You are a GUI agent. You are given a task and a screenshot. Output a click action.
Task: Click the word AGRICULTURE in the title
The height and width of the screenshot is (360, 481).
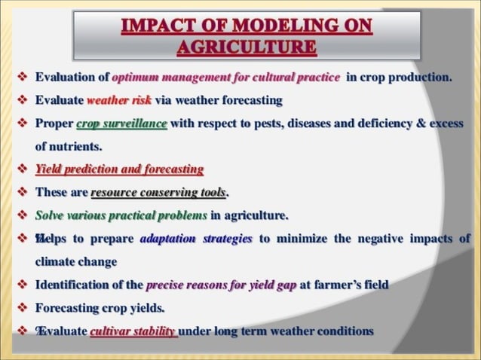click(246, 47)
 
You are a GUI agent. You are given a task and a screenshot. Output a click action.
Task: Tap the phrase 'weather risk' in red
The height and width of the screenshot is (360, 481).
click(119, 100)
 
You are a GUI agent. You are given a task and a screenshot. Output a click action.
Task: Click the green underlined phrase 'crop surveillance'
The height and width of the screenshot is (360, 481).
click(121, 124)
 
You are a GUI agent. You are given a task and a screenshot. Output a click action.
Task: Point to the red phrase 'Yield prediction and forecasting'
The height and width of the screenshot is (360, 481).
click(119, 169)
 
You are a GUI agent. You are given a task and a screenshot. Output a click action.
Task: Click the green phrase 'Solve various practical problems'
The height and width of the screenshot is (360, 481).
click(121, 215)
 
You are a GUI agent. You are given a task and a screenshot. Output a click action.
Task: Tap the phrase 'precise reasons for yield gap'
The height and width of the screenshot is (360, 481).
click(221, 285)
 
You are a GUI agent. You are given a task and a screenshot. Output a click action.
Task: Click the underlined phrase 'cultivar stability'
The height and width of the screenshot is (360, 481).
click(133, 331)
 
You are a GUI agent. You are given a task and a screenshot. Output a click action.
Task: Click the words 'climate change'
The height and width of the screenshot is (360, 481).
click(75, 261)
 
